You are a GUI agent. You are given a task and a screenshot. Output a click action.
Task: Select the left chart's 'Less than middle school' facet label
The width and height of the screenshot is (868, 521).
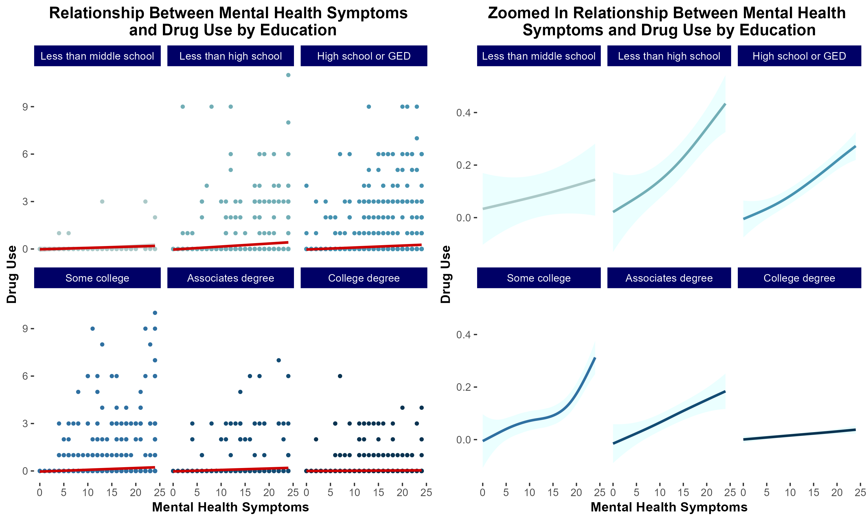click(x=97, y=56)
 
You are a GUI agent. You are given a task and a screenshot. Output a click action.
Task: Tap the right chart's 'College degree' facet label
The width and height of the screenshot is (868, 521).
click(x=799, y=278)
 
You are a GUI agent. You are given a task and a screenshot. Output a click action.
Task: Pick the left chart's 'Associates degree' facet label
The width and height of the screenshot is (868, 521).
click(x=231, y=278)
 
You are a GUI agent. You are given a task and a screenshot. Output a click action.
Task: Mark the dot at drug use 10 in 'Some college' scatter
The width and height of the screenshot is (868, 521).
click(x=155, y=313)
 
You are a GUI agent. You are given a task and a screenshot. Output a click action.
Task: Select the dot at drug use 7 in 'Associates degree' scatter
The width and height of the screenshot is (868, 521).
click(x=279, y=360)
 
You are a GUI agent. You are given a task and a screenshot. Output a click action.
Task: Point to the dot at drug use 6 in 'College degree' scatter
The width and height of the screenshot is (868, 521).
click(x=340, y=376)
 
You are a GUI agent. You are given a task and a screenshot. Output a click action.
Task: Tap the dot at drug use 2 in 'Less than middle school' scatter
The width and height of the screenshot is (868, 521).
click(x=155, y=217)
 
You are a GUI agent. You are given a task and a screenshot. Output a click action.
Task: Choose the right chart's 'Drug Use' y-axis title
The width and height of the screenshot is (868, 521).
click(x=445, y=274)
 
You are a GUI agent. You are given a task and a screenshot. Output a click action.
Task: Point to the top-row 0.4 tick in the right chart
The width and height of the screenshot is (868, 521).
click(x=462, y=113)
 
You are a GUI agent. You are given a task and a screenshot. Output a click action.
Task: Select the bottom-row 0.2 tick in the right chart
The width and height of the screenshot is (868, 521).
click(x=462, y=387)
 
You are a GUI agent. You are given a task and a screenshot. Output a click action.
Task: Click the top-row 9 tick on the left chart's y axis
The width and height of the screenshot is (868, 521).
click(x=25, y=107)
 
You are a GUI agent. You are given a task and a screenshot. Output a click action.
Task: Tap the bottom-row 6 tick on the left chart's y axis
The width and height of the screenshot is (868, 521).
click(x=25, y=376)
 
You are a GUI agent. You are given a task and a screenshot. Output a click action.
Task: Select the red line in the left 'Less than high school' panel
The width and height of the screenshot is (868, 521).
click(x=231, y=246)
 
